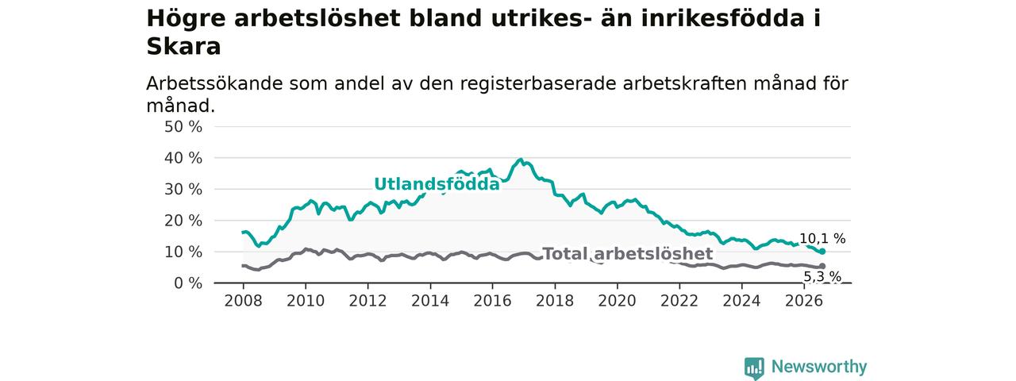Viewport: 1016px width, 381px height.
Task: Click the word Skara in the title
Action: pyautogui.click(x=183, y=46)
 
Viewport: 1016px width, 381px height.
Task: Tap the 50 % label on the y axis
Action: pyautogui.click(x=183, y=126)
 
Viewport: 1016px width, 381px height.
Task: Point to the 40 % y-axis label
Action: pyautogui.click(x=183, y=158)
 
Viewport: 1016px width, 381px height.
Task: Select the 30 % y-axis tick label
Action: pyautogui.click(x=183, y=189)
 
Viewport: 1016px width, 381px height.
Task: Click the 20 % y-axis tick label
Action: pyautogui.click(x=183, y=221)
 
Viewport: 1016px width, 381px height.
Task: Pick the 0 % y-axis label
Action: pyautogui.click(x=188, y=283)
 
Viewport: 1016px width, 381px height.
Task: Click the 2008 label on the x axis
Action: pyautogui.click(x=243, y=301)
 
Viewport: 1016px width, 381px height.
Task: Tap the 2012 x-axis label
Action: pyautogui.click(x=368, y=301)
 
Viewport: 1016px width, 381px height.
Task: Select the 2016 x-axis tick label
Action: pyautogui.click(x=493, y=301)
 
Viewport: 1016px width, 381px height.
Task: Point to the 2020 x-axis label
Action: pyautogui.click(x=618, y=301)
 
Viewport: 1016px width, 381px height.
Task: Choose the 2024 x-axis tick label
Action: pyautogui.click(x=741, y=301)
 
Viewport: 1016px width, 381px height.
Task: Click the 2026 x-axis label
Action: pyautogui.click(x=804, y=301)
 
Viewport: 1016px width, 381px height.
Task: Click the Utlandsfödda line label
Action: pyautogui.click(x=437, y=184)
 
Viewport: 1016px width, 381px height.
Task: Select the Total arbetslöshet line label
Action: pyautogui.click(x=628, y=253)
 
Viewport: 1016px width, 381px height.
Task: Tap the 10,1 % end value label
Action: pyautogui.click(x=822, y=239)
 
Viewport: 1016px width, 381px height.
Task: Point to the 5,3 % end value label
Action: pyautogui.click(x=822, y=276)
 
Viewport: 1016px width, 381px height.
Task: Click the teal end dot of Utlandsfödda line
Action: pyautogui.click(x=822, y=252)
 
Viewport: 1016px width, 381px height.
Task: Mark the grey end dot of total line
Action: pyautogui.click(x=822, y=266)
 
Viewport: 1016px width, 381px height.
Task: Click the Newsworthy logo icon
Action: pyautogui.click(x=754, y=368)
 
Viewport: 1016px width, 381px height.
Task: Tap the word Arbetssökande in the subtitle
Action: pyautogui.click(x=214, y=84)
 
